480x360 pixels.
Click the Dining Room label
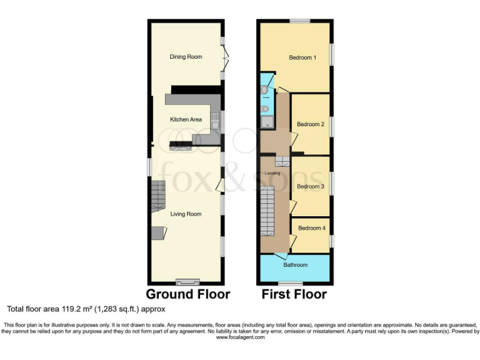point(186,57)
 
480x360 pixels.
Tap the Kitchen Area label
point(186,119)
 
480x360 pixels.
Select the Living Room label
point(186,214)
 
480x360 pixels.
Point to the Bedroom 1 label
point(302,58)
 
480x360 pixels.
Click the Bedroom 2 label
point(311,124)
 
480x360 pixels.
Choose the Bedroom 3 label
point(311,186)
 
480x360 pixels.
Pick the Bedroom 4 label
point(311,228)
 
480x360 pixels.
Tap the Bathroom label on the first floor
point(296,265)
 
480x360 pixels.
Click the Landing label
point(272,173)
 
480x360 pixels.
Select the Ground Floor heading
point(188,294)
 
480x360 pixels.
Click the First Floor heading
point(294,294)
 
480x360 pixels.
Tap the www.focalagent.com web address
point(240,337)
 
